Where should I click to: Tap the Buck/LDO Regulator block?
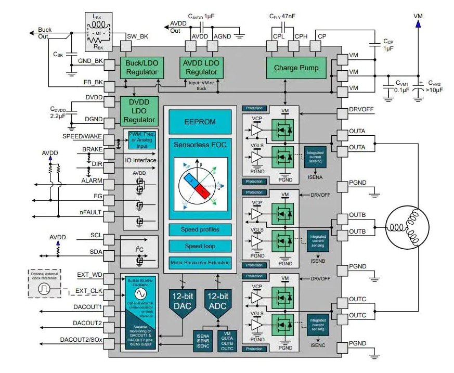click(x=141, y=68)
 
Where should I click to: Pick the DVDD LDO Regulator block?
click(x=139, y=110)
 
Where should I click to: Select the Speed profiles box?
click(x=200, y=229)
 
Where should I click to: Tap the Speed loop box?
click(x=200, y=246)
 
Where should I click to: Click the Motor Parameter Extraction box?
click(x=200, y=262)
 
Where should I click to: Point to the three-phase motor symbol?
click(x=407, y=227)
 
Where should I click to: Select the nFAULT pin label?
click(x=90, y=213)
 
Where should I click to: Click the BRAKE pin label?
click(x=92, y=149)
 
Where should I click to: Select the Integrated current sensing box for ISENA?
click(x=316, y=157)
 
